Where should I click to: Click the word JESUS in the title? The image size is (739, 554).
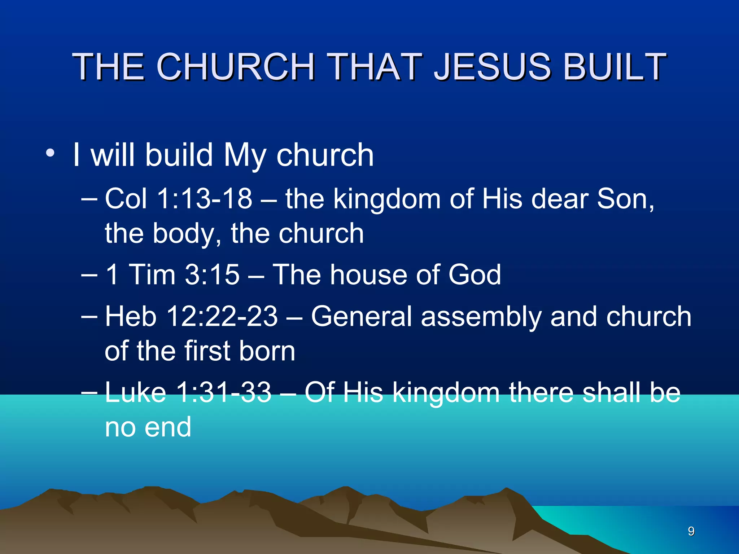click(x=492, y=67)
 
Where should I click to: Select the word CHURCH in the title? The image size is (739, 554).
click(x=236, y=67)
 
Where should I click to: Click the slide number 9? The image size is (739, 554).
click(x=691, y=531)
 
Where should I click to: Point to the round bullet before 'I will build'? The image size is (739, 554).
click(x=50, y=153)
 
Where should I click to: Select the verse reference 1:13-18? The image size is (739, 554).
click(x=205, y=199)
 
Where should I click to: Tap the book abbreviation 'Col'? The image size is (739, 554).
click(x=126, y=199)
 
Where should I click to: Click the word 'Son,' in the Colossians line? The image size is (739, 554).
click(x=625, y=199)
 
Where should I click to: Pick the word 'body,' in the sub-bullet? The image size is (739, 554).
click(x=187, y=233)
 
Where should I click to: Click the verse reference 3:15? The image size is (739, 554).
click(x=212, y=275)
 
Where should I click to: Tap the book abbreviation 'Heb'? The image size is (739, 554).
click(x=131, y=317)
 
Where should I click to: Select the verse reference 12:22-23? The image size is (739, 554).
click(x=222, y=317)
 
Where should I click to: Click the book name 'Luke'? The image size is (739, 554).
click(x=135, y=392)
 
